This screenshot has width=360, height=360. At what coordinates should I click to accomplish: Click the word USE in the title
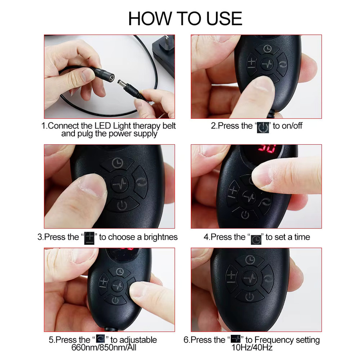(x=224, y=18)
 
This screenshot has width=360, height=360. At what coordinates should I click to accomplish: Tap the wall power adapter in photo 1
(x=164, y=55)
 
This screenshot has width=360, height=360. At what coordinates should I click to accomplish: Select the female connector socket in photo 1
(x=106, y=74)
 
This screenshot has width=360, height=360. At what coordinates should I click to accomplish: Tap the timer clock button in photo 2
(x=267, y=49)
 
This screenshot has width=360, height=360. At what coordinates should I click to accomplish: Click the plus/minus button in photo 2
(x=252, y=63)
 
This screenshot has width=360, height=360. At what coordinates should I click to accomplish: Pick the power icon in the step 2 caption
(x=263, y=128)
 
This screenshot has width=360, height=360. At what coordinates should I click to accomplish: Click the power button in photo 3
(x=122, y=204)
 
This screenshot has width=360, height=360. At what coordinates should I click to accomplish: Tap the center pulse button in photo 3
(x=120, y=184)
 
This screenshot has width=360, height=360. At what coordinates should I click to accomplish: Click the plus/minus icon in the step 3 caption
(x=89, y=238)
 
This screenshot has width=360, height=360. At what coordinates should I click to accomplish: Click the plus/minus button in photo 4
(x=232, y=192)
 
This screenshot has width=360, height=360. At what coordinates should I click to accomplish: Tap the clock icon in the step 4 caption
(x=256, y=240)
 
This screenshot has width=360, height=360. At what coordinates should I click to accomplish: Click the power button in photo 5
(x=115, y=300)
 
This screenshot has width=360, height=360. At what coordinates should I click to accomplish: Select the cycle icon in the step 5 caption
(x=100, y=339)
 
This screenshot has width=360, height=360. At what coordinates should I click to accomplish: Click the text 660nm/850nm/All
(x=104, y=347)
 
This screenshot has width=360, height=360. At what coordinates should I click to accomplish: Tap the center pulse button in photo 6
(x=250, y=278)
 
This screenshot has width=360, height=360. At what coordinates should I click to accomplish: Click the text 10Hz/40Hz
(x=252, y=347)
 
